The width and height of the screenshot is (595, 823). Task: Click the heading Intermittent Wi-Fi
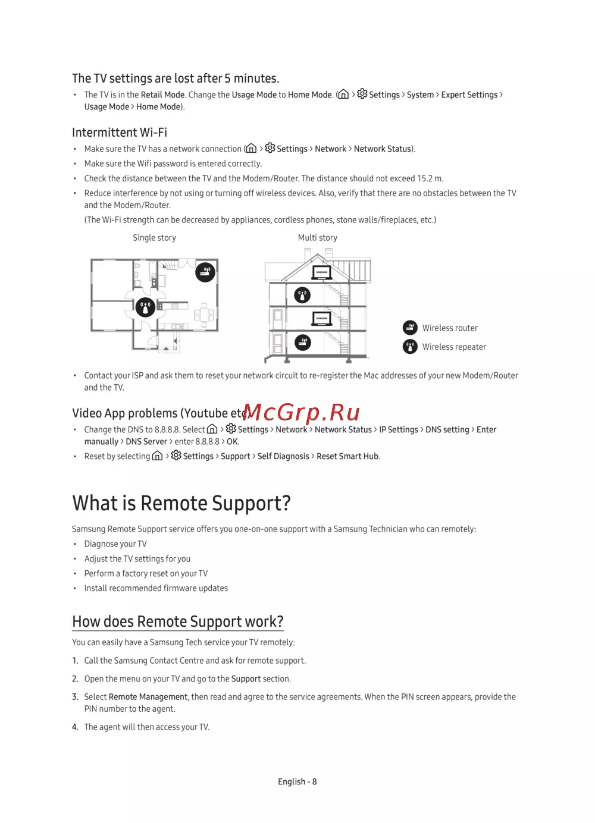click(x=120, y=133)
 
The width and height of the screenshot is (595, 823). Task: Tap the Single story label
click(x=154, y=238)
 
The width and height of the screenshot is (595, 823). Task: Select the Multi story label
click(x=317, y=238)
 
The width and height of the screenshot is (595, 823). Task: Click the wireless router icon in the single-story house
click(x=205, y=272)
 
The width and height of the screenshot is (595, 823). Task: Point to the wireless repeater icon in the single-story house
click(x=145, y=307)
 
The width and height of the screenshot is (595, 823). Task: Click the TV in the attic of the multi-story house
click(x=322, y=272)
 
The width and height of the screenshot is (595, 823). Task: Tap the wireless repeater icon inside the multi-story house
click(x=302, y=294)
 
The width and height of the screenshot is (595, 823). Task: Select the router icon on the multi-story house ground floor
click(x=302, y=342)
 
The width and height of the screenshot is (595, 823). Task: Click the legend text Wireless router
click(x=450, y=328)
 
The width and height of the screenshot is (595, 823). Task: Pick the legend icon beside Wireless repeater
click(x=410, y=347)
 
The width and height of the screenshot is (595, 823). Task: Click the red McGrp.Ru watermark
click(x=302, y=412)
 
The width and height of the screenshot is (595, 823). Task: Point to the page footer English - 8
click(x=297, y=782)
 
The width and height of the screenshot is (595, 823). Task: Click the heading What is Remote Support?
click(x=181, y=504)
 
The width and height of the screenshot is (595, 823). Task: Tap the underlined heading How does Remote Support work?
click(x=178, y=622)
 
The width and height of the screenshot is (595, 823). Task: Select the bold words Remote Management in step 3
click(x=148, y=697)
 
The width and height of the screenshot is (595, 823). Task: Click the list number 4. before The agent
click(x=75, y=727)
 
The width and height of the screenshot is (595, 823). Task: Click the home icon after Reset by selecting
click(x=158, y=456)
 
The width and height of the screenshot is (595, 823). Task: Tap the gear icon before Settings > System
click(x=362, y=94)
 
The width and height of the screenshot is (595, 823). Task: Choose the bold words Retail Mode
click(x=162, y=95)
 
